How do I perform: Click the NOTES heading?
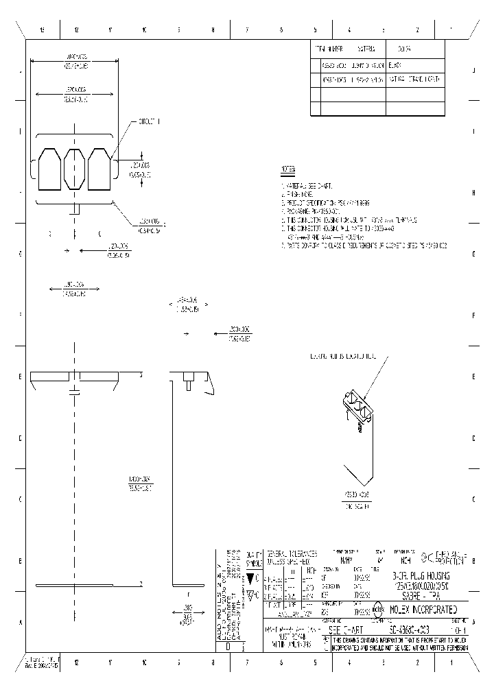click(x=288, y=169)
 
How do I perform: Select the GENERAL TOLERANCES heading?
click(x=292, y=553)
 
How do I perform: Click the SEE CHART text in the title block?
click(x=346, y=629)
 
